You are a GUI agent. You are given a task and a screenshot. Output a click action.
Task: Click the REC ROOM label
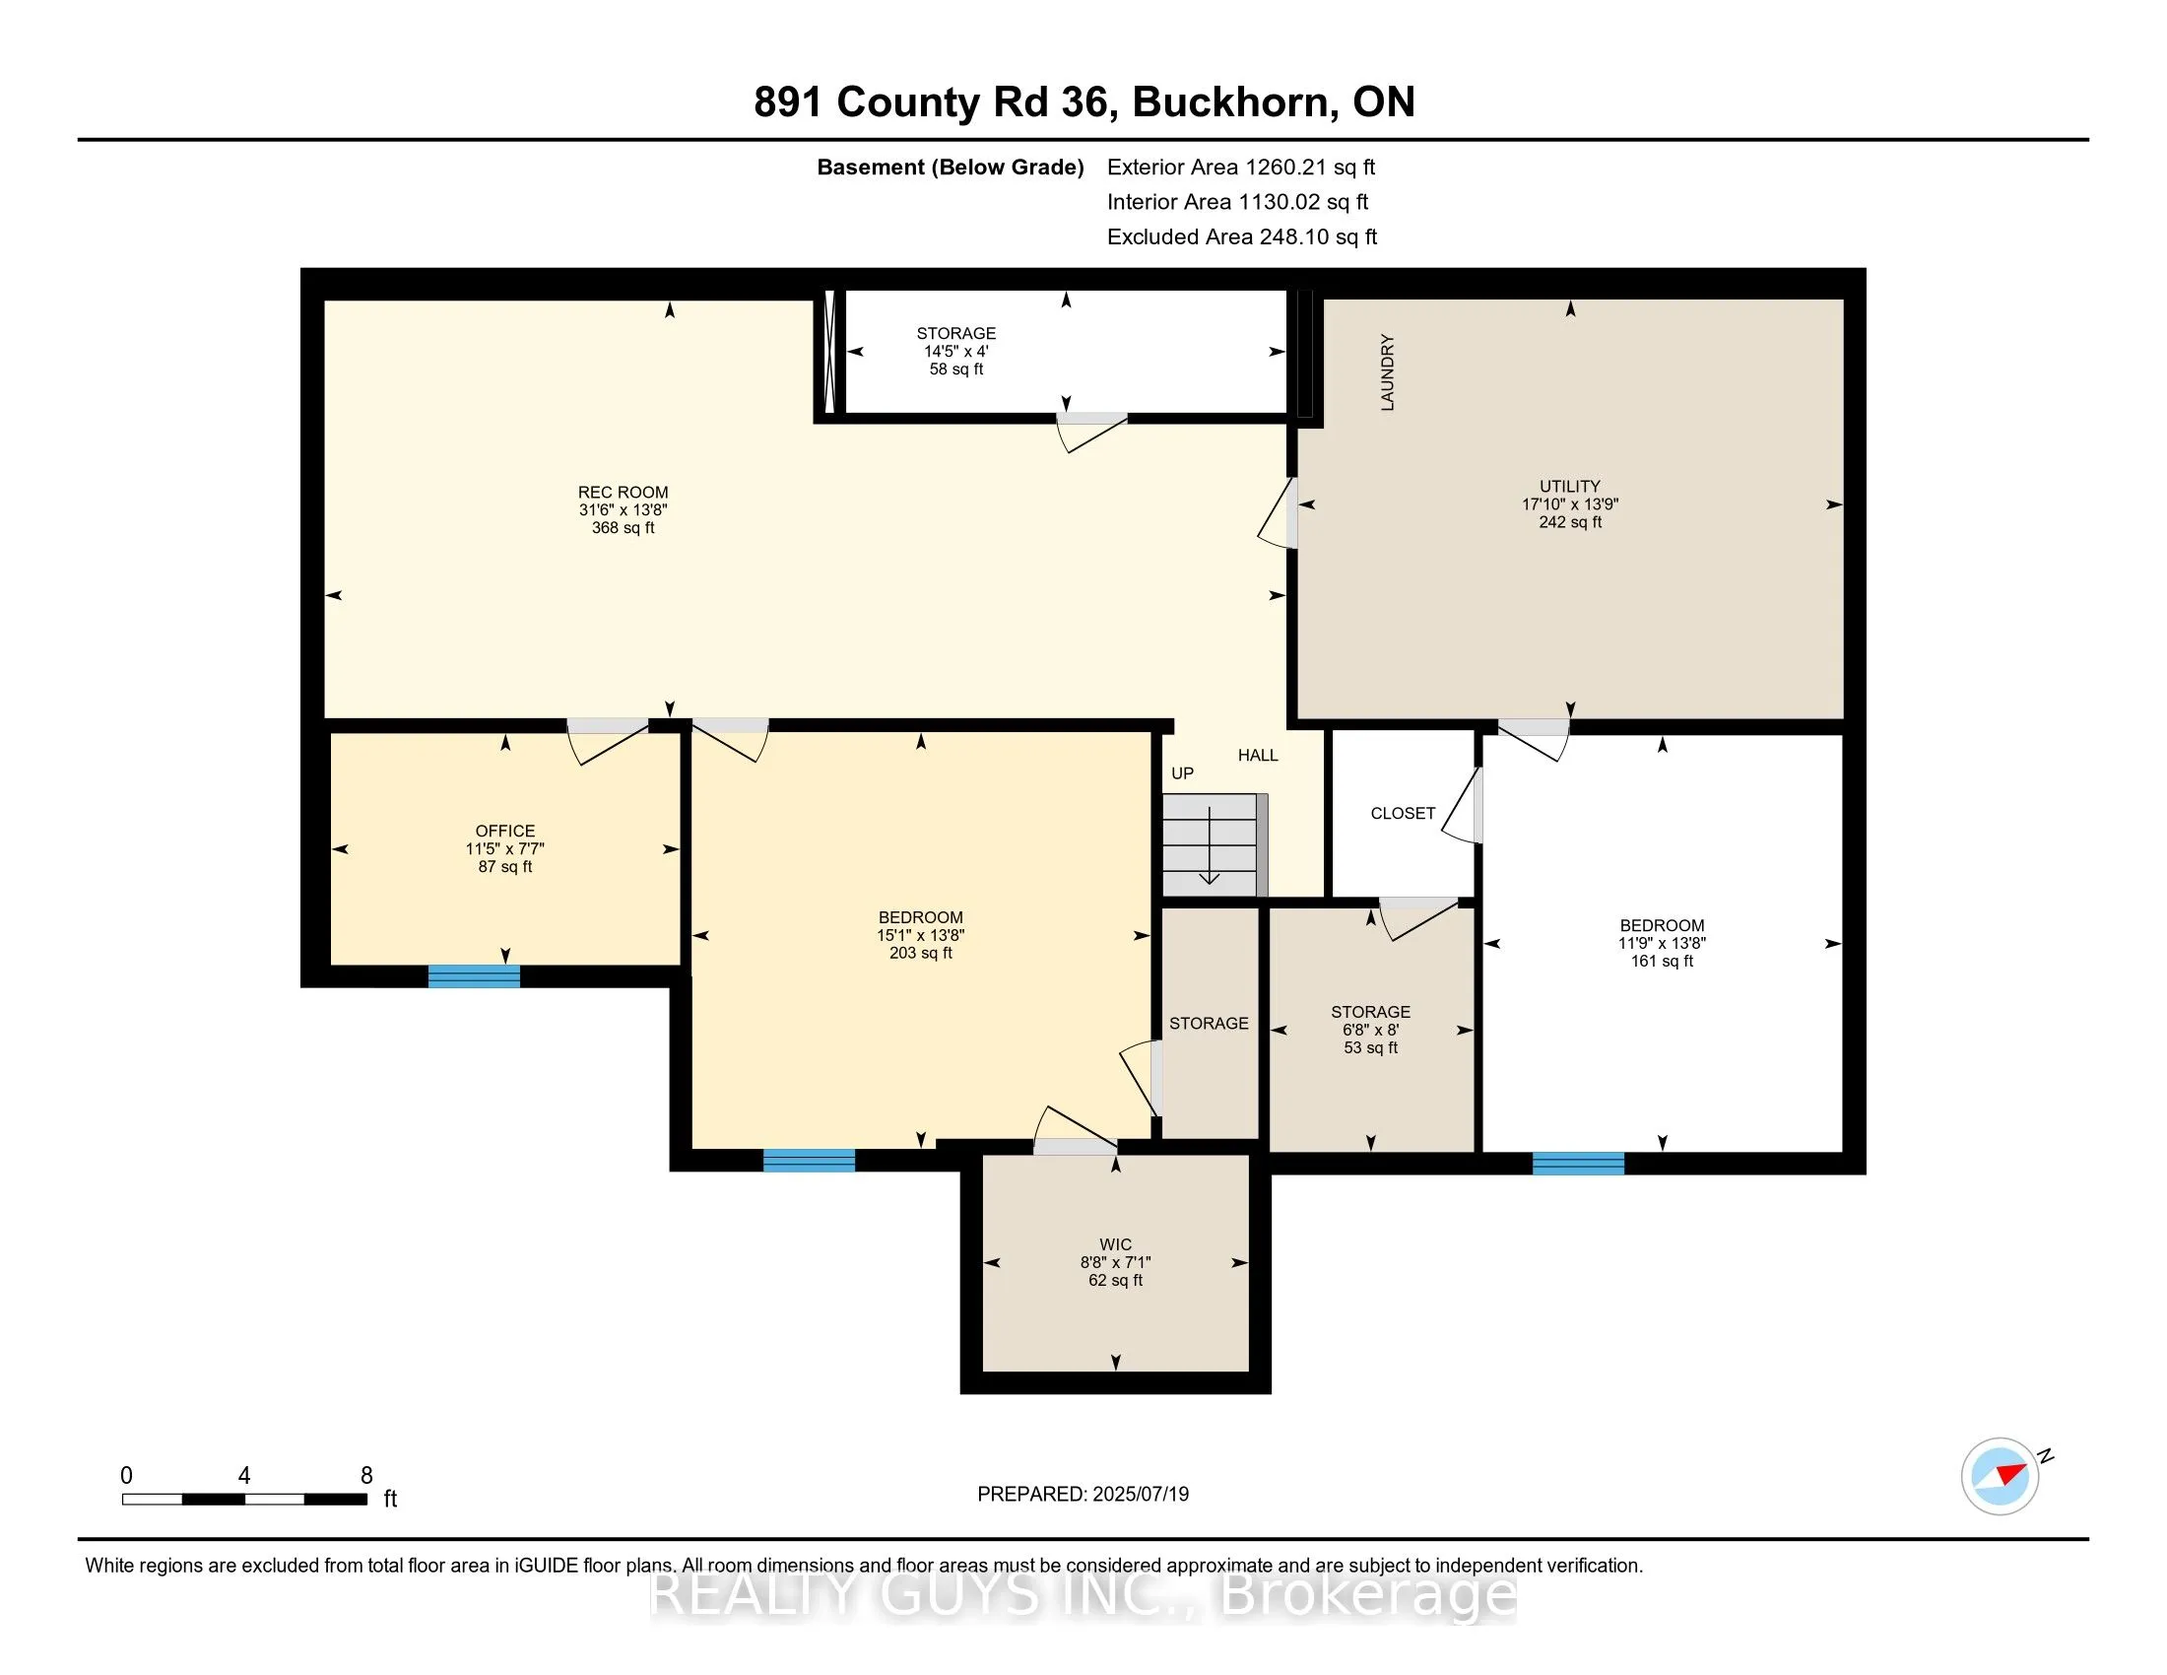pyautogui.click(x=624, y=493)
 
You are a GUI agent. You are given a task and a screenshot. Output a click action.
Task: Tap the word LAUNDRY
pyautogui.click(x=1387, y=372)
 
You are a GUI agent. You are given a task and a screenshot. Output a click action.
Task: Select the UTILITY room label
pyautogui.click(x=1570, y=486)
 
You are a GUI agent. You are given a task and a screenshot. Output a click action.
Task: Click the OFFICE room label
pyautogui.click(x=505, y=831)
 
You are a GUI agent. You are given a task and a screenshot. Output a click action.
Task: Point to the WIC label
pyautogui.click(x=1115, y=1244)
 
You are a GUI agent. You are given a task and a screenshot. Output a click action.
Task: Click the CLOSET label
pyautogui.click(x=1403, y=814)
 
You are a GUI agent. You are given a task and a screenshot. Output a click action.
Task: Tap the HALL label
pyautogui.click(x=1258, y=755)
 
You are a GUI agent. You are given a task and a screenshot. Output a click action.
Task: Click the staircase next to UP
pyautogui.click(x=1215, y=844)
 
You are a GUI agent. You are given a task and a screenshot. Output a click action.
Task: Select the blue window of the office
pyautogui.click(x=475, y=976)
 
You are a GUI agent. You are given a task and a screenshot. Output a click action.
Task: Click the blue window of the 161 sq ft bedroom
pyautogui.click(x=1579, y=1163)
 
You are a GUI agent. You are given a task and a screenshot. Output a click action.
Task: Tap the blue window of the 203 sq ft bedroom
pyautogui.click(x=809, y=1160)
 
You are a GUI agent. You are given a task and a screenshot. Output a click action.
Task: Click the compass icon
pyautogui.click(x=2001, y=1476)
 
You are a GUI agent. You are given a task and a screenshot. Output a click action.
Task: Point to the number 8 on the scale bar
pyautogui.click(x=366, y=1476)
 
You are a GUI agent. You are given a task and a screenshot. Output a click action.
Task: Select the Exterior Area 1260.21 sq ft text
pyautogui.click(x=1241, y=167)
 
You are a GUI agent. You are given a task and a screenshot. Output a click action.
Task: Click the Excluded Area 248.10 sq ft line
pyautogui.click(x=1242, y=237)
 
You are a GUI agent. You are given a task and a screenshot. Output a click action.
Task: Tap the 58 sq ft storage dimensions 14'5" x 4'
pyautogui.click(x=956, y=352)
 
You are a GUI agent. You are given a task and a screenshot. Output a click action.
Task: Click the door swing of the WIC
pyautogui.click(x=1076, y=1131)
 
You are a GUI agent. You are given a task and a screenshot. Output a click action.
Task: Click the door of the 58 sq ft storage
pyautogui.click(x=1091, y=432)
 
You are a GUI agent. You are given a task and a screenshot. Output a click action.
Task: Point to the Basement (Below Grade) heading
pyautogui.click(x=950, y=167)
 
